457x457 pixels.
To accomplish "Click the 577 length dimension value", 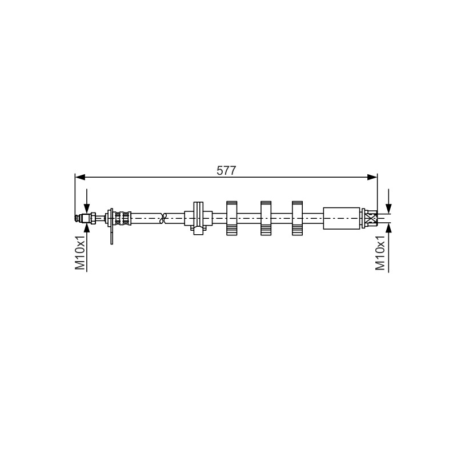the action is coord(226,170).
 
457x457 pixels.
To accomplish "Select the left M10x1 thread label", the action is coord(80,252).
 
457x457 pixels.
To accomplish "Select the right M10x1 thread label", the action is coord(380,252).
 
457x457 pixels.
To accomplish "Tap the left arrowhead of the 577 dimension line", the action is coord(80,177).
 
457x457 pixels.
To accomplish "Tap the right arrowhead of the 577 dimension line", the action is coord(372,177).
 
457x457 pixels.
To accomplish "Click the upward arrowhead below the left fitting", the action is coord(87,228).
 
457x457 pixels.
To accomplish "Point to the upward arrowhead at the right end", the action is coord(388,228).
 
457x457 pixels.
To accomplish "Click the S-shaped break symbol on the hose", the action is coord(163,218).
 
